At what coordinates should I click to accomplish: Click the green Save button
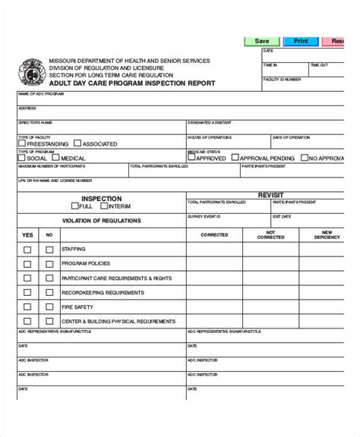262,41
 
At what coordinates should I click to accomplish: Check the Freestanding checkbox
24,143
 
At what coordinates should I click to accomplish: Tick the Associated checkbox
78,143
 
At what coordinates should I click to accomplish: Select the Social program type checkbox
23,159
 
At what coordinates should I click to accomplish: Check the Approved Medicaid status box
193,159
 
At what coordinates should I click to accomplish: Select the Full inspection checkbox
75,206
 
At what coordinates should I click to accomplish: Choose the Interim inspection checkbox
105,206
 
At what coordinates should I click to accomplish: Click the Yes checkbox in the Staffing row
27,249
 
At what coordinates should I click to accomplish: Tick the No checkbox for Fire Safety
49,307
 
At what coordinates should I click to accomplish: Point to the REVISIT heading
271,194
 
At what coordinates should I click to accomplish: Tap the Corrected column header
214,235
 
